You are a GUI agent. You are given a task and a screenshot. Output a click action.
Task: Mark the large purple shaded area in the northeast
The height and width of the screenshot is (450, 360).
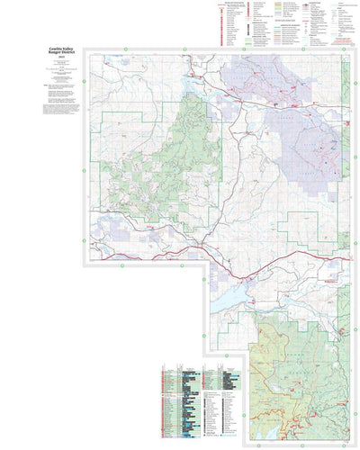click(x=306, y=144)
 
